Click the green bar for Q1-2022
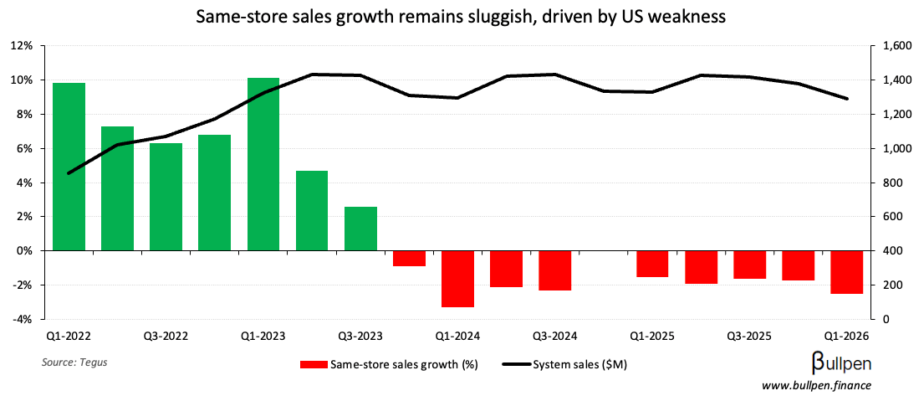pyautogui.click(x=69, y=167)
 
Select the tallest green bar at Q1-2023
pyautogui.click(x=263, y=164)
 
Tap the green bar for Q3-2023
pyautogui.click(x=360, y=229)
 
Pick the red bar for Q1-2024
pyautogui.click(x=458, y=279)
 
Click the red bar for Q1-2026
pyautogui.click(x=847, y=272)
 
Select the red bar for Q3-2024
pyautogui.click(x=555, y=270)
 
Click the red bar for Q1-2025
pyautogui.click(x=652, y=264)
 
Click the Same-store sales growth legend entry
pyautogui.click(x=388, y=365)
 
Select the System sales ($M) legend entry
pyautogui.click(x=564, y=365)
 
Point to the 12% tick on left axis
pyautogui.click(x=21, y=46)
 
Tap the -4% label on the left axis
pyautogui.click(x=21, y=320)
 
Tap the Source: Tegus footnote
pyautogui.click(x=74, y=362)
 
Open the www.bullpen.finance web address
pyautogui.click(x=816, y=385)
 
